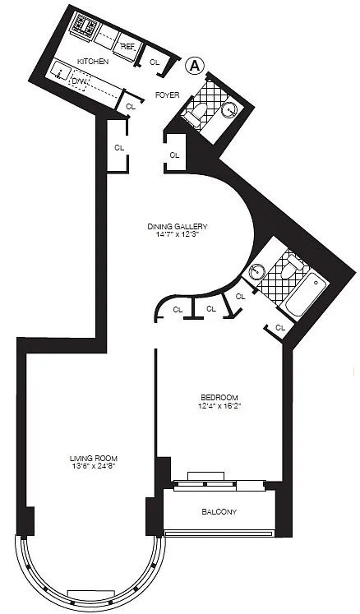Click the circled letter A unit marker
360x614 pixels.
[195, 66]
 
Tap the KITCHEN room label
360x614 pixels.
[93, 62]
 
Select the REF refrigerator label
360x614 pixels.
[127, 46]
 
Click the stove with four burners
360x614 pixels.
[85, 25]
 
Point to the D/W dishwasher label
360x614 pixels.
[79, 82]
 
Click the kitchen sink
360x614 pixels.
[61, 71]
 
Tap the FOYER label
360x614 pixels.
[168, 95]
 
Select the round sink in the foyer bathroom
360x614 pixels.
[229, 110]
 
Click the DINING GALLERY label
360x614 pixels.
[177, 226]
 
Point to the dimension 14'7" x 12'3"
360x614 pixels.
[177, 234]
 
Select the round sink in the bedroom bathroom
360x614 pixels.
[257, 270]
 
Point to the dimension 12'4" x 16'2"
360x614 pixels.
[219, 406]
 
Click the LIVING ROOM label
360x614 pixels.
[94, 458]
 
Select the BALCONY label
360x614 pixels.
[219, 512]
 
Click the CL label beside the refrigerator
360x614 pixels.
[155, 62]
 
